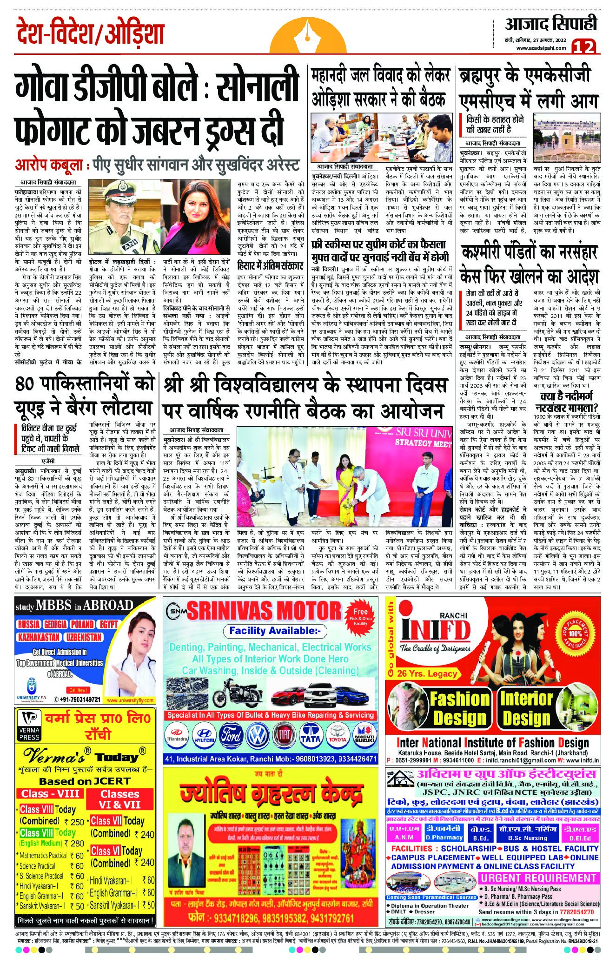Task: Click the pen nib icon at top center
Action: (308, 33)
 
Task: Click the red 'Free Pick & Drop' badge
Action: (360, 617)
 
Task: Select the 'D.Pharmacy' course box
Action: (437, 833)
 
